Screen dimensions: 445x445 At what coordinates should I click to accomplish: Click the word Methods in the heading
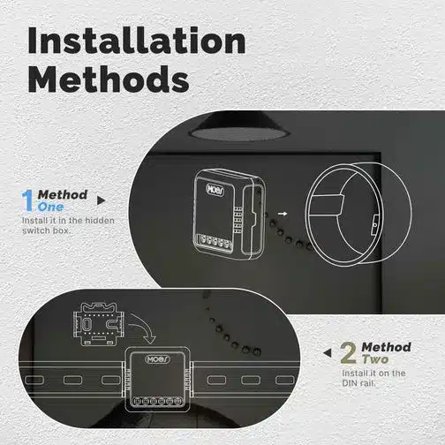click(109, 79)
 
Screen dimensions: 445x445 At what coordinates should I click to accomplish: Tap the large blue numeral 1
click(27, 200)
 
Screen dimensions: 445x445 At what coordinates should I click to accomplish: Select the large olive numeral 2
click(348, 352)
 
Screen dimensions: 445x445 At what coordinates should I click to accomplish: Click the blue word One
click(50, 207)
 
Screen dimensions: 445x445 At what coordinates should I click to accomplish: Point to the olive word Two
click(374, 359)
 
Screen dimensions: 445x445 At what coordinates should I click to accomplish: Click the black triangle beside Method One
click(101, 200)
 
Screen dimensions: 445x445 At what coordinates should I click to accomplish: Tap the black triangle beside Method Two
click(328, 353)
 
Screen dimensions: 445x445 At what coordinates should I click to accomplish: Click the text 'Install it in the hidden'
click(68, 221)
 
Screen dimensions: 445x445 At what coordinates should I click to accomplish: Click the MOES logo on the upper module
click(215, 189)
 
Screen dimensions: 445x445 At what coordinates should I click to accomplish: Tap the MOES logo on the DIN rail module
click(157, 359)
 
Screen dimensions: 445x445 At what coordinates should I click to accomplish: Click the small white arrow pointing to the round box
click(283, 214)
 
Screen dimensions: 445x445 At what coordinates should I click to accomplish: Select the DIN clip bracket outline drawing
click(99, 323)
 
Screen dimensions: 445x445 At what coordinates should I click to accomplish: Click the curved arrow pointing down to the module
click(144, 325)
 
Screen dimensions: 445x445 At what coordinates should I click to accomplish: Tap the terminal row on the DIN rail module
click(157, 401)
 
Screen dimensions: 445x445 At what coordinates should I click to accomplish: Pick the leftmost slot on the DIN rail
click(34, 380)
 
